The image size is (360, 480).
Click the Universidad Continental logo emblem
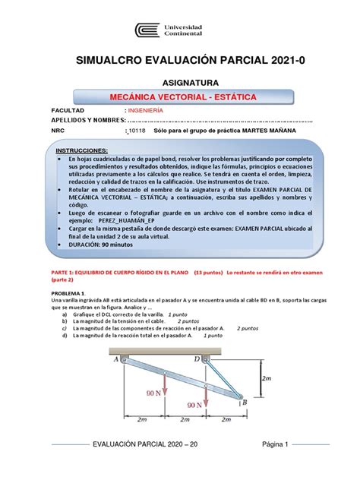click(x=148, y=31)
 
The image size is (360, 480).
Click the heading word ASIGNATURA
click(x=180, y=81)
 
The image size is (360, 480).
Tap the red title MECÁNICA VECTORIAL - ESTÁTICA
click(x=180, y=99)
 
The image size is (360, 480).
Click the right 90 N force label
click(x=195, y=406)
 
